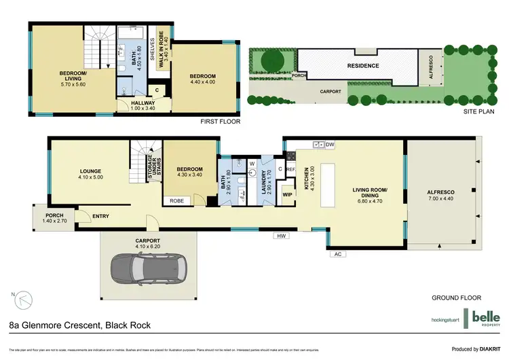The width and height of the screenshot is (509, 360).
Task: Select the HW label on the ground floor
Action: coord(279,236)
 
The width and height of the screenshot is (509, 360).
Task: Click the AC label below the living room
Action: coord(337,254)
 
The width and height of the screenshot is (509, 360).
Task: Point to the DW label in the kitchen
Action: coord(331,145)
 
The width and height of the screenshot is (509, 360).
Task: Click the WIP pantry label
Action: coord(287,195)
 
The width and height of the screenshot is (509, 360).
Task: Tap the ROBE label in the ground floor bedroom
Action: coord(176,201)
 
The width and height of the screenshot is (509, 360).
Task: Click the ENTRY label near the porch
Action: coord(100,217)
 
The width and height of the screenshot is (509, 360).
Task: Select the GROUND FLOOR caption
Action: coord(456,298)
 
